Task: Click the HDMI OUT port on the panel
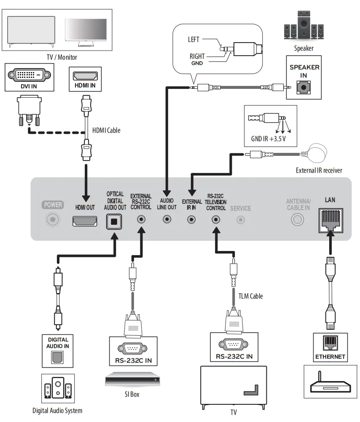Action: pyautogui.click(x=85, y=221)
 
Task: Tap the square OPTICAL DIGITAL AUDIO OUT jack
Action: pyautogui.click(x=113, y=221)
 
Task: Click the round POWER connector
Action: pyautogui.click(x=52, y=219)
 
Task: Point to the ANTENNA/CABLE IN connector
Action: pyautogui.click(x=298, y=219)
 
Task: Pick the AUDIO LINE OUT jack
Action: pyautogui.click(x=167, y=219)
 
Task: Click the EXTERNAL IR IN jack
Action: pyautogui.click(x=192, y=219)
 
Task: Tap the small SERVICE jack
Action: pyautogui.click(x=241, y=219)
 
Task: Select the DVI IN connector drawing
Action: pyautogui.click(x=26, y=76)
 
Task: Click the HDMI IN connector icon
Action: pyautogui.click(x=85, y=76)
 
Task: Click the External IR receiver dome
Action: pyautogui.click(x=319, y=152)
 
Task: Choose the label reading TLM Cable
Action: pyautogui.click(x=250, y=296)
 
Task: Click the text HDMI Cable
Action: pyautogui.click(x=106, y=130)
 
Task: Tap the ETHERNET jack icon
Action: pyautogui.click(x=330, y=343)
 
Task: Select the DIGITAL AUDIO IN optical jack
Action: pyautogui.click(x=58, y=358)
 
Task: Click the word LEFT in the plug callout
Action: pyautogui.click(x=193, y=40)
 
